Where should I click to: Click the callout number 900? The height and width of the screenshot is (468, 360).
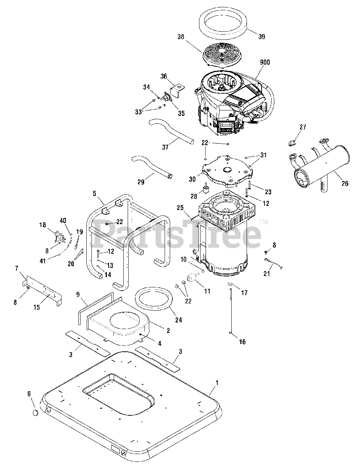(x=265, y=63)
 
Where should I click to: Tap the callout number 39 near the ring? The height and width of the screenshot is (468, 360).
(x=261, y=37)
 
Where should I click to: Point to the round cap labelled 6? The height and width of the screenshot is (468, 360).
(x=35, y=413)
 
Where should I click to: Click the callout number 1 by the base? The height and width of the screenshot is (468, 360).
(x=217, y=383)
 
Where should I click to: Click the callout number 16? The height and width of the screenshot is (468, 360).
(x=242, y=342)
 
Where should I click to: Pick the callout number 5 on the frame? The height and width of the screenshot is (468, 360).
(x=94, y=193)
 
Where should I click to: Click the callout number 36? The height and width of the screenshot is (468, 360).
(x=164, y=76)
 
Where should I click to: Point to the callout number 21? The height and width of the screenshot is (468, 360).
(x=267, y=274)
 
